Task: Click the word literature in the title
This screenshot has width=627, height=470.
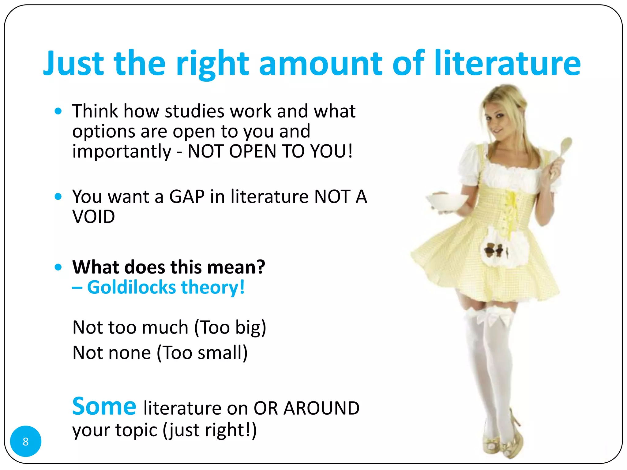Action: click(507, 63)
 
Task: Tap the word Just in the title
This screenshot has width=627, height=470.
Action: click(73, 63)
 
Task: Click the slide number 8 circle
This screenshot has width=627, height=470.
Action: click(26, 441)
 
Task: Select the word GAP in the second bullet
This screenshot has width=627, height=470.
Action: click(187, 196)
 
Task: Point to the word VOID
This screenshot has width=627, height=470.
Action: click(94, 217)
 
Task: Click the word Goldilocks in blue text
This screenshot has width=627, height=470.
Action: click(132, 287)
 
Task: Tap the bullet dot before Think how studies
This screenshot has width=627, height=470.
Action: click(58, 111)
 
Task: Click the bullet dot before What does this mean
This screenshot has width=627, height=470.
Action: click(58, 267)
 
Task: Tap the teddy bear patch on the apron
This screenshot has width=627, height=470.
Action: click(493, 250)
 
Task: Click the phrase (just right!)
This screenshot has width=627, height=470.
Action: click(210, 430)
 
